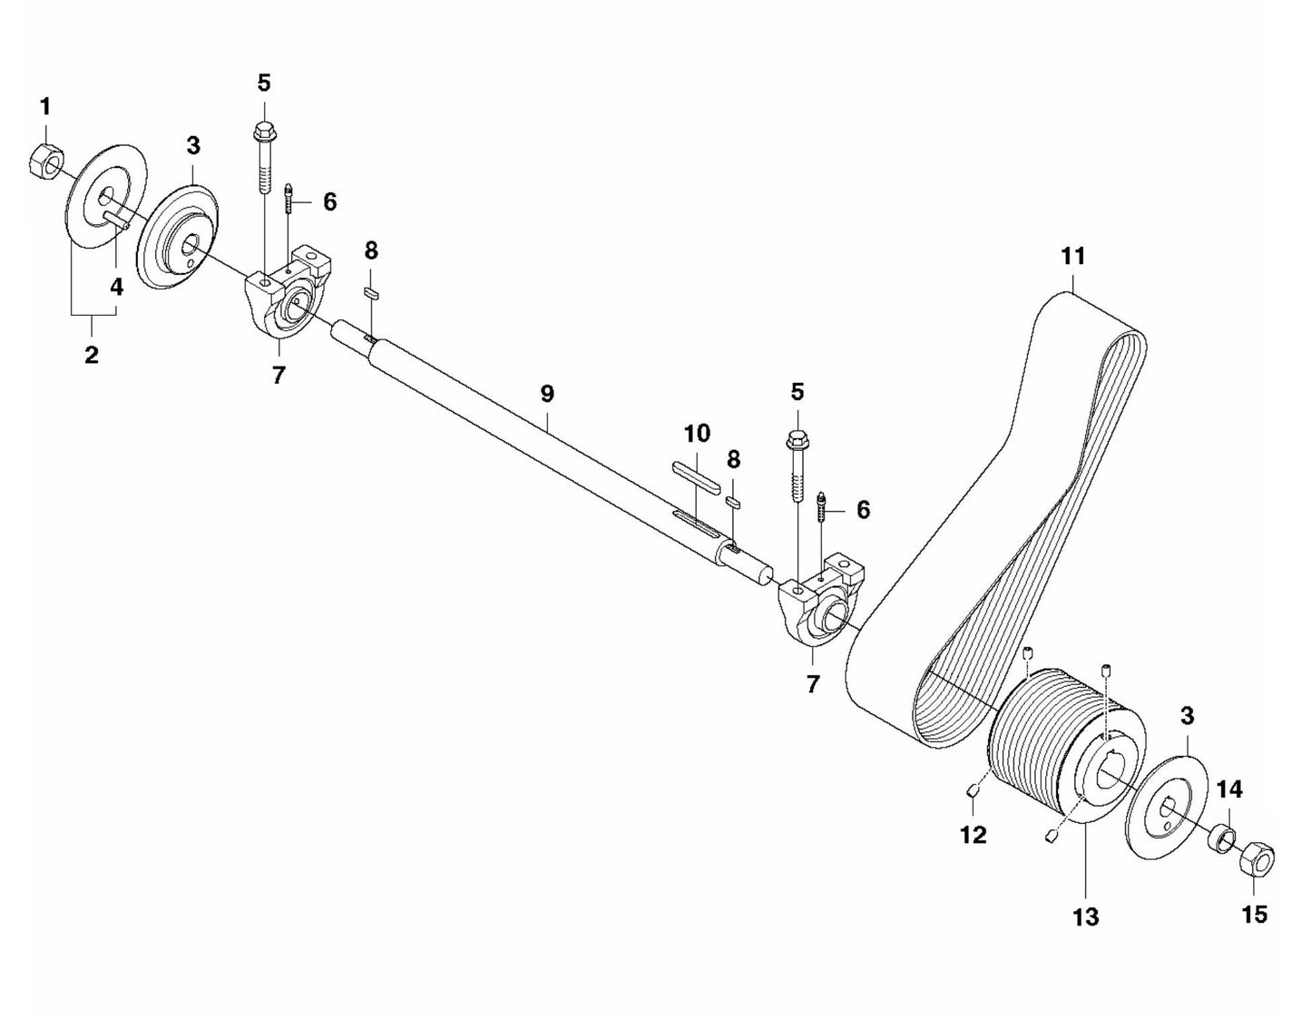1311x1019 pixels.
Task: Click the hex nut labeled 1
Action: pyautogui.click(x=44, y=162)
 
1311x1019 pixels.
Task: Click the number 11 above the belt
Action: pyautogui.click(x=1072, y=256)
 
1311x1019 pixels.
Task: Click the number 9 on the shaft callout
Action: pyautogui.click(x=546, y=394)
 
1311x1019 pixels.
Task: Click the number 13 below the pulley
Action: pyautogui.click(x=1085, y=916)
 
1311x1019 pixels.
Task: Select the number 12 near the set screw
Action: pyautogui.click(x=973, y=833)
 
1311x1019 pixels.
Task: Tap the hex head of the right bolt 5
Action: pyautogui.click(x=797, y=442)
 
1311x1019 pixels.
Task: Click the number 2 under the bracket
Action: pyautogui.click(x=92, y=355)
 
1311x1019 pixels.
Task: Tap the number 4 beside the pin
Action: pyautogui.click(x=116, y=288)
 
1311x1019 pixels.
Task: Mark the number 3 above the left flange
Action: pyautogui.click(x=193, y=145)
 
